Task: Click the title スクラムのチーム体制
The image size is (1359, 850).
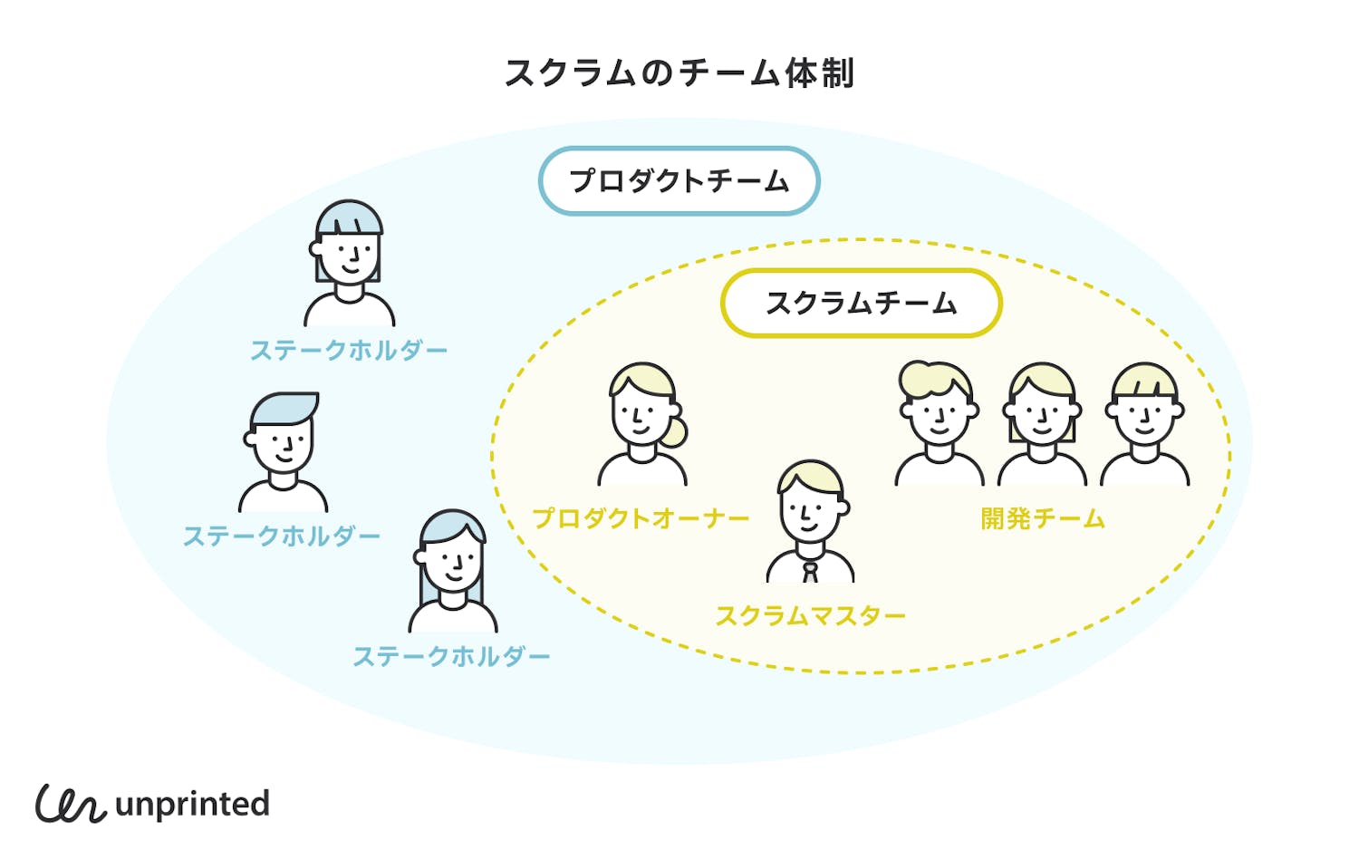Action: [x=679, y=72]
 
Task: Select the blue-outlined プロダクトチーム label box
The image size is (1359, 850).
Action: [x=679, y=181]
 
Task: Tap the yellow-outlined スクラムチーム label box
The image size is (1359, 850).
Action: [x=861, y=303]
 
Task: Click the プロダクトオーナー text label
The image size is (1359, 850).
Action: [x=641, y=518]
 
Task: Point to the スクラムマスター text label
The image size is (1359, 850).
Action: [x=810, y=616]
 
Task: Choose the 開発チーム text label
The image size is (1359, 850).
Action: [x=1043, y=518]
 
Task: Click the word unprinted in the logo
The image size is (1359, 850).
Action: [x=192, y=804]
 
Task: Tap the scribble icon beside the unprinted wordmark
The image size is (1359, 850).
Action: [x=71, y=803]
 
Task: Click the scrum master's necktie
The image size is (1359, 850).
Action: [x=810, y=572]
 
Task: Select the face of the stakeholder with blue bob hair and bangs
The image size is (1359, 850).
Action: [x=350, y=255]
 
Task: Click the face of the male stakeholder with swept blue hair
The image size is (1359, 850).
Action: [x=284, y=445]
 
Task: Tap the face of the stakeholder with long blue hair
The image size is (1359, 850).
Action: [x=452, y=562]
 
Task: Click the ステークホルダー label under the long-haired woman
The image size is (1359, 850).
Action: [x=451, y=656]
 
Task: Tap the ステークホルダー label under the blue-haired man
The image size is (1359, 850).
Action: [x=282, y=536]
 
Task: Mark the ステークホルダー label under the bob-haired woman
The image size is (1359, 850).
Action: [x=349, y=351]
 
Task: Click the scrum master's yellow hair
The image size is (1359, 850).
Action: [x=809, y=475]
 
